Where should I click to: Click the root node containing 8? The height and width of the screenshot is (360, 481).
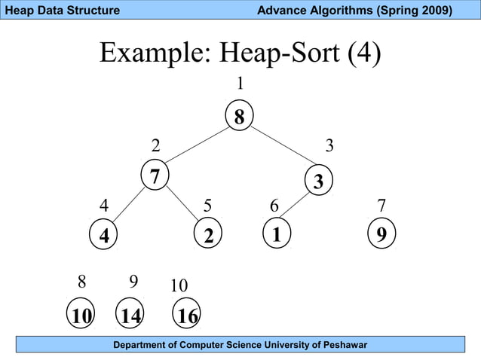click(239, 117)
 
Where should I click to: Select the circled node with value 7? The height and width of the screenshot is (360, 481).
click(155, 177)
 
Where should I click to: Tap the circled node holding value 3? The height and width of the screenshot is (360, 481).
click(317, 182)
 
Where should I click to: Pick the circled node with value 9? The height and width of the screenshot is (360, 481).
click(381, 234)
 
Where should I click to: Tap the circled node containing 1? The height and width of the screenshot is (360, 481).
click(277, 234)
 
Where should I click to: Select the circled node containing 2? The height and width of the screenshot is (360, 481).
click(209, 234)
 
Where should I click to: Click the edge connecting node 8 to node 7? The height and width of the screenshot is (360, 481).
click(198, 145)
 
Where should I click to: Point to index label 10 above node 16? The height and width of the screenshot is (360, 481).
click(179, 286)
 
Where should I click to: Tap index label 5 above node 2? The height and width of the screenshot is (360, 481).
click(208, 206)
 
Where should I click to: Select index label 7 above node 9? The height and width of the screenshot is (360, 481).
click(381, 206)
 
